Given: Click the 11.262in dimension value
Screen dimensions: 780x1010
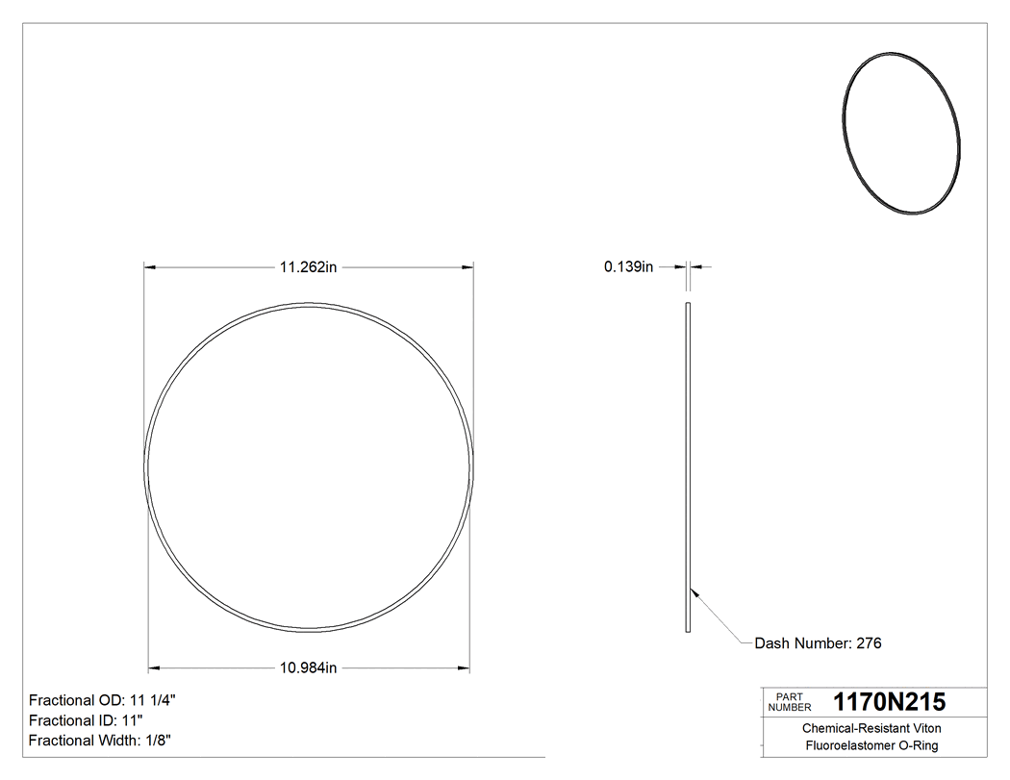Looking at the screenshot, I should (308, 267).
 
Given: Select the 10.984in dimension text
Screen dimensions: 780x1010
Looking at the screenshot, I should (308, 667).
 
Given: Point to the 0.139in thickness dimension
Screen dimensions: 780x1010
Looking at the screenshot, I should (628, 267).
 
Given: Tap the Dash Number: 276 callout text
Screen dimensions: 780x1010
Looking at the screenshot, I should (818, 643).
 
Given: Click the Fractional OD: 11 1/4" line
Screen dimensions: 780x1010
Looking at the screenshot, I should (102, 700).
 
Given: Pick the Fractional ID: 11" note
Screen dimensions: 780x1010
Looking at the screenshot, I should (86, 720).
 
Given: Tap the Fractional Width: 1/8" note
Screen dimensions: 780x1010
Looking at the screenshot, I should (100, 740).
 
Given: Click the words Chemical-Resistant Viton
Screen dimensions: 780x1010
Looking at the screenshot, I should (871, 729).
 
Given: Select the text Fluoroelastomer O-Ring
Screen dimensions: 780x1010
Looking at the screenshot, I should (871, 745).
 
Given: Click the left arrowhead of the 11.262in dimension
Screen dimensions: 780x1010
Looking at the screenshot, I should (150, 267).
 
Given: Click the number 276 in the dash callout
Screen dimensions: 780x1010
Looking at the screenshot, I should (869, 643).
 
